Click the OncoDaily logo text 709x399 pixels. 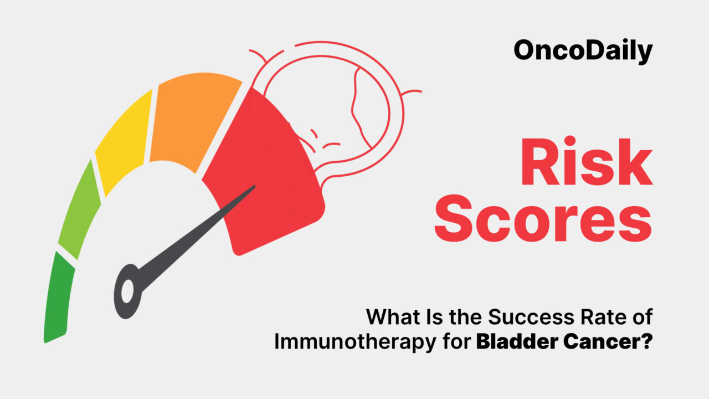pos(583,50)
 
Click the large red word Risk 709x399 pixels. pos(586,163)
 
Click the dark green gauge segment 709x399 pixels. pos(58,299)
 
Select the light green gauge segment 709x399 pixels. pos(79,211)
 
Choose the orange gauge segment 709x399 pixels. pos(193,117)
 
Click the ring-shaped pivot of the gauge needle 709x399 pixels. pos(128,290)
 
